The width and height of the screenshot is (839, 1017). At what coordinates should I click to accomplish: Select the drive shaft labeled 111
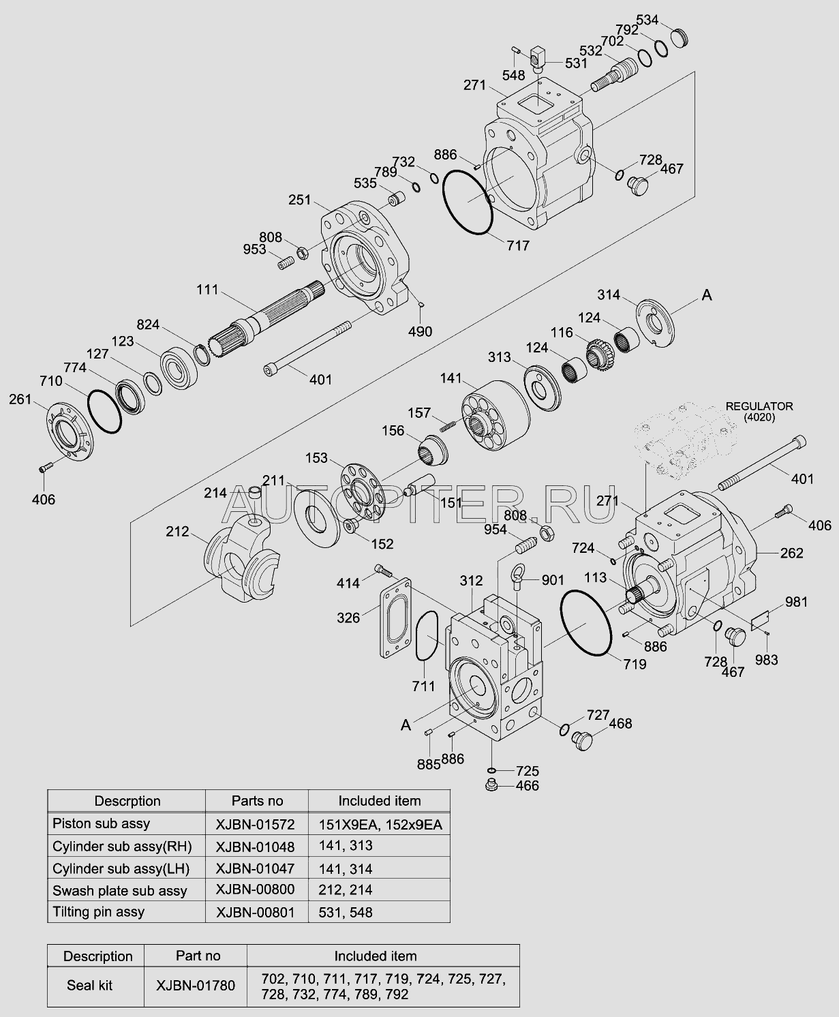(x=273, y=316)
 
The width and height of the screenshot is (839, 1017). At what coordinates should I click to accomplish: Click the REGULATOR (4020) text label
(x=759, y=411)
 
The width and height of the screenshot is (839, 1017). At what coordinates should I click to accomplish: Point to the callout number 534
(x=648, y=18)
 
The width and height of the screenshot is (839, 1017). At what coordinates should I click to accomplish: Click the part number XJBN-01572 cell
(x=256, y=824)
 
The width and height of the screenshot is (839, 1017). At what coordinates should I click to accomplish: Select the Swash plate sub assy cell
(x=120, y=890)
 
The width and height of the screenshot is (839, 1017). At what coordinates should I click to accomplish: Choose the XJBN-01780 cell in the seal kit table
(x=196, y=985)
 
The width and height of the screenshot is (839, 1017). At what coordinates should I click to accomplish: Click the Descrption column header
(x=127, y=801)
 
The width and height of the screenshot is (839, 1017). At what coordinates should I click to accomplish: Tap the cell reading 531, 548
(x=346, y=912)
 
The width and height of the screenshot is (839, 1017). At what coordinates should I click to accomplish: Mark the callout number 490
(x=421, y=332)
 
